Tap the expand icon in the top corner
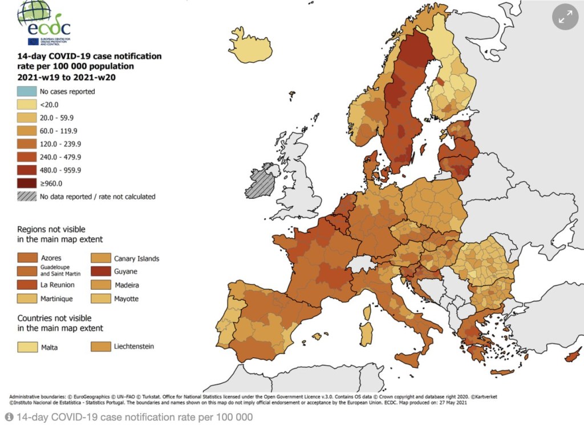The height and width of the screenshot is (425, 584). tap(565, 18)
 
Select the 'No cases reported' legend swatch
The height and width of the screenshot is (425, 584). tap(26, 91)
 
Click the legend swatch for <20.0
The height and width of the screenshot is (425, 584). tap(26, 105)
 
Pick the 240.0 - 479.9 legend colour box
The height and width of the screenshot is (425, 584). tap(26, 157)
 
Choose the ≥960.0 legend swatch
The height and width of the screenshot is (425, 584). tap(26, 183)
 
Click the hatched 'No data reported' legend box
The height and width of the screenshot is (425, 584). tap(26, 197)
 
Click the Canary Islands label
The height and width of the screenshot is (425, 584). tap(136, 258)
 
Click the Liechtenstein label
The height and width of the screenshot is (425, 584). tap(133, 346)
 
